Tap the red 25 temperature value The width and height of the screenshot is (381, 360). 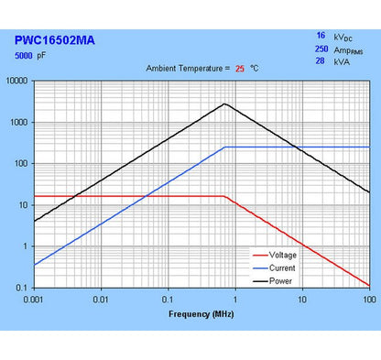coord(240,68)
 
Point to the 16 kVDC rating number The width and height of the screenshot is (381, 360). coord(321,35)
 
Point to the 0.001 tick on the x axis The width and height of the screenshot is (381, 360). coord(34,300)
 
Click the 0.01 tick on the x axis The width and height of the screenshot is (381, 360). coord(101,300)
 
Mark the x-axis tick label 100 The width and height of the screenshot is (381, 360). coord(368,300)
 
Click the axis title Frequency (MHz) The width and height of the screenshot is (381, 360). coord(201,313)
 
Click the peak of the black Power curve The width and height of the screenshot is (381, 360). coord(224,104)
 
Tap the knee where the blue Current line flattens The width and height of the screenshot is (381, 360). coord(225,147)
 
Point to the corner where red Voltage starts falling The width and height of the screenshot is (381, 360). coord(225,196)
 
